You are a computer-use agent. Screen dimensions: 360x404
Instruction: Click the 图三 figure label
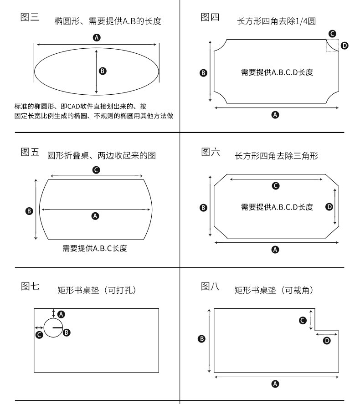coord(30,18)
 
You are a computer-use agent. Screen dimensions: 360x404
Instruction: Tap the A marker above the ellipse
coord(96,37)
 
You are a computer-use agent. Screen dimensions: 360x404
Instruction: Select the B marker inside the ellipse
coord(103,71)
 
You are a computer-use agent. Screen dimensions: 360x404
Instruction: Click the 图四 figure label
coord(210,17)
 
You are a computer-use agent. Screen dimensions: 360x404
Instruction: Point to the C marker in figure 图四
coord(332,34)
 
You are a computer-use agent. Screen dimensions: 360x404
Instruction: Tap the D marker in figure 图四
coord(345,46)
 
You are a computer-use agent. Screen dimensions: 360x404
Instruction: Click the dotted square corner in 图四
coord(332,46)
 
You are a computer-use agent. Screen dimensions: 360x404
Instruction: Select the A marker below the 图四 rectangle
coord(275,115)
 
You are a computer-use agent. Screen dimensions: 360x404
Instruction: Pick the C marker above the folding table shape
coord(96,170)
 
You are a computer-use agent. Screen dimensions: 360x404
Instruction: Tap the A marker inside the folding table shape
coord(95,216)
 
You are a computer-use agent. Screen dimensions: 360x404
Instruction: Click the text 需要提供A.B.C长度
coord(95,248)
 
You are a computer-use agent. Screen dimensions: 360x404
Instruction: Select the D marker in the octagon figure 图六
coord(329,207)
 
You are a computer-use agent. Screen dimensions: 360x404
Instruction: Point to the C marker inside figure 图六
coord(275,186)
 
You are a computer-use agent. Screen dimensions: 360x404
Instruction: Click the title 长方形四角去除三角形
coord(276,156)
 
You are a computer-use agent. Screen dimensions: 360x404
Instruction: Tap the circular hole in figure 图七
coord(53,327)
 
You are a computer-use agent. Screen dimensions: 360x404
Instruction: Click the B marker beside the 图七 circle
coord(67,332)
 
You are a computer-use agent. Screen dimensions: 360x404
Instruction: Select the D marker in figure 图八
coord(326,341)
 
